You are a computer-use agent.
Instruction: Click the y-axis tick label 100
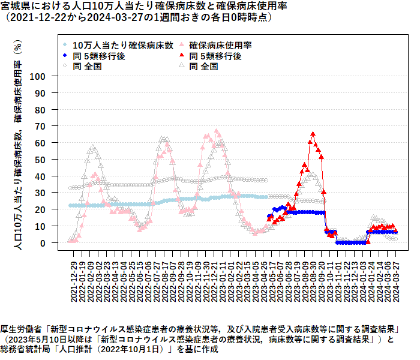point(38,76)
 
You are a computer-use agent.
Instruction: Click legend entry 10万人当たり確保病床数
point(123,45)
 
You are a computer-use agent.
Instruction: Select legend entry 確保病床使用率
point(220,45)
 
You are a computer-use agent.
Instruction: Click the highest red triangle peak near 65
point(313,134)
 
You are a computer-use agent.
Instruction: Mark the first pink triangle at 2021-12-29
point(70,241)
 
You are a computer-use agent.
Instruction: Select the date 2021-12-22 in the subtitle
point(37,17)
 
